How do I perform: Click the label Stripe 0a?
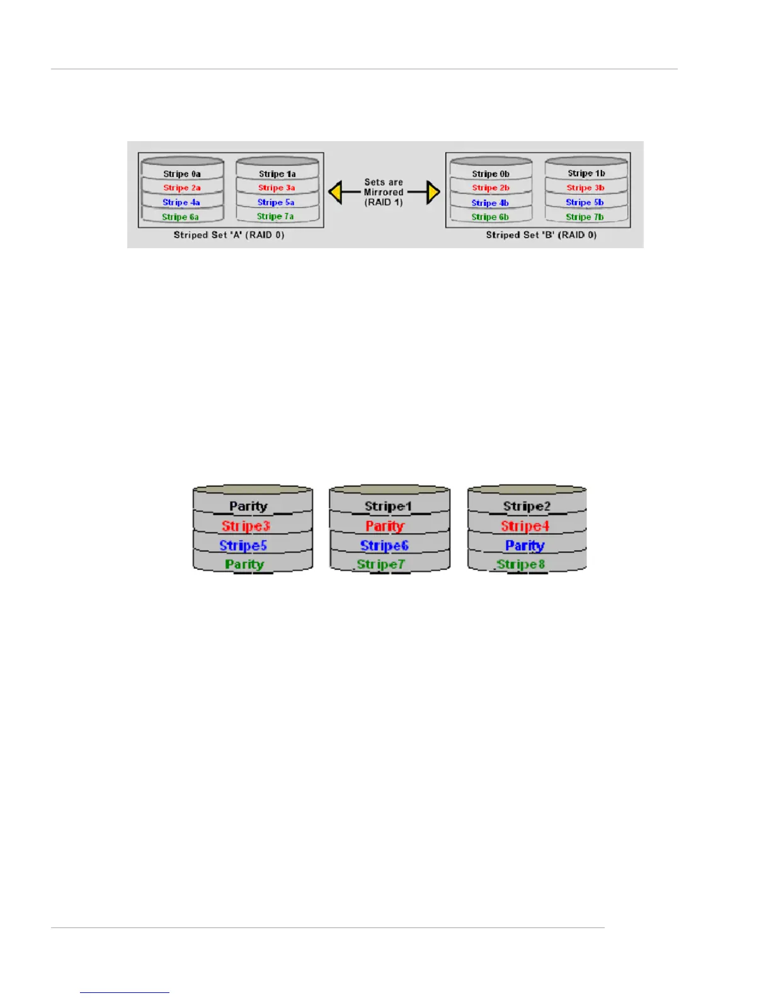[x=182, y=174]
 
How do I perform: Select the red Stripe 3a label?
[x=276, y=188]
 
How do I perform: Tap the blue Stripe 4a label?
[x=181, y=202]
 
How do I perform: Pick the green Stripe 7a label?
[x=275, y=216]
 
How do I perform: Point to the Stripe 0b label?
[x=491, y=174]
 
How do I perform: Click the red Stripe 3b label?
[x=585, y=188]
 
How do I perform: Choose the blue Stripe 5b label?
[x=584, y=202]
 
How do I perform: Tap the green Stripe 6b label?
[x=490, y=217]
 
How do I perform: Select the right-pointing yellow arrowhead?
[x=433, y=192]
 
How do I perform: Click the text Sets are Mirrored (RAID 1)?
[x=384, y=192]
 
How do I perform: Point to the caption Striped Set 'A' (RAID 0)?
[x=229, y=235]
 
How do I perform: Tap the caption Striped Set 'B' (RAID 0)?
[x=541, y=235]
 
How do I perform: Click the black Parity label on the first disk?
[x=248, y=506]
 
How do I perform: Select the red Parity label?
[x=385, y=526]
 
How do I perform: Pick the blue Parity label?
[x=525, y=546]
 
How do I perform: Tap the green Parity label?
[x=244, y=565]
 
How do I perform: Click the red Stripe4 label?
[x=525, y=526]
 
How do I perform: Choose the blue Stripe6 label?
[x=384, y=546]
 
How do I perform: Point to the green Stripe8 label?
[x=521, y=565]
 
